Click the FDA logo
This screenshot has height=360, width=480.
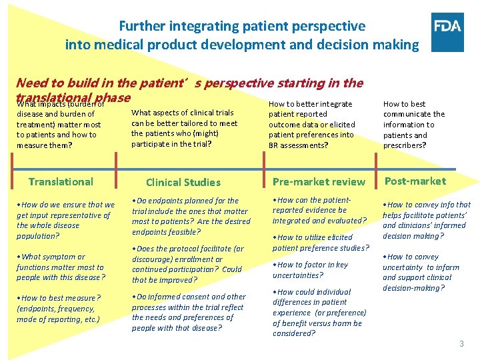447,32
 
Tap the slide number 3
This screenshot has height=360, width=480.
461,344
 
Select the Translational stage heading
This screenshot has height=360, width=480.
61,181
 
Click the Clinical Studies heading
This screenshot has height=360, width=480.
183,182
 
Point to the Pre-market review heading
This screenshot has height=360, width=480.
319,181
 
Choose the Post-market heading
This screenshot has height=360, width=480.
415,181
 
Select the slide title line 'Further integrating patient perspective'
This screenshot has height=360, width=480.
242,26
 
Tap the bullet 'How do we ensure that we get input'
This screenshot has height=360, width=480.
65,220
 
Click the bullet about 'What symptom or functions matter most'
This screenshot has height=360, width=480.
61,267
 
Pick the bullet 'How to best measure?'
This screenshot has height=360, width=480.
59,308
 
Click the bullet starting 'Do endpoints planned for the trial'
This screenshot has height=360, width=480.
191,216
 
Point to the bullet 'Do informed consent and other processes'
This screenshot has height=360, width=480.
189,312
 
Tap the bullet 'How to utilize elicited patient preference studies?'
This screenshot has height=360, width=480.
321,242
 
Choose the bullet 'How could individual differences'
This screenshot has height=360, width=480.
317,312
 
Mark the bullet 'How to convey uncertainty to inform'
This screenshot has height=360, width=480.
421,272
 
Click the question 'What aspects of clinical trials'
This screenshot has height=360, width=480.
184,128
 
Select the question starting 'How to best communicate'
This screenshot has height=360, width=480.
413,124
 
